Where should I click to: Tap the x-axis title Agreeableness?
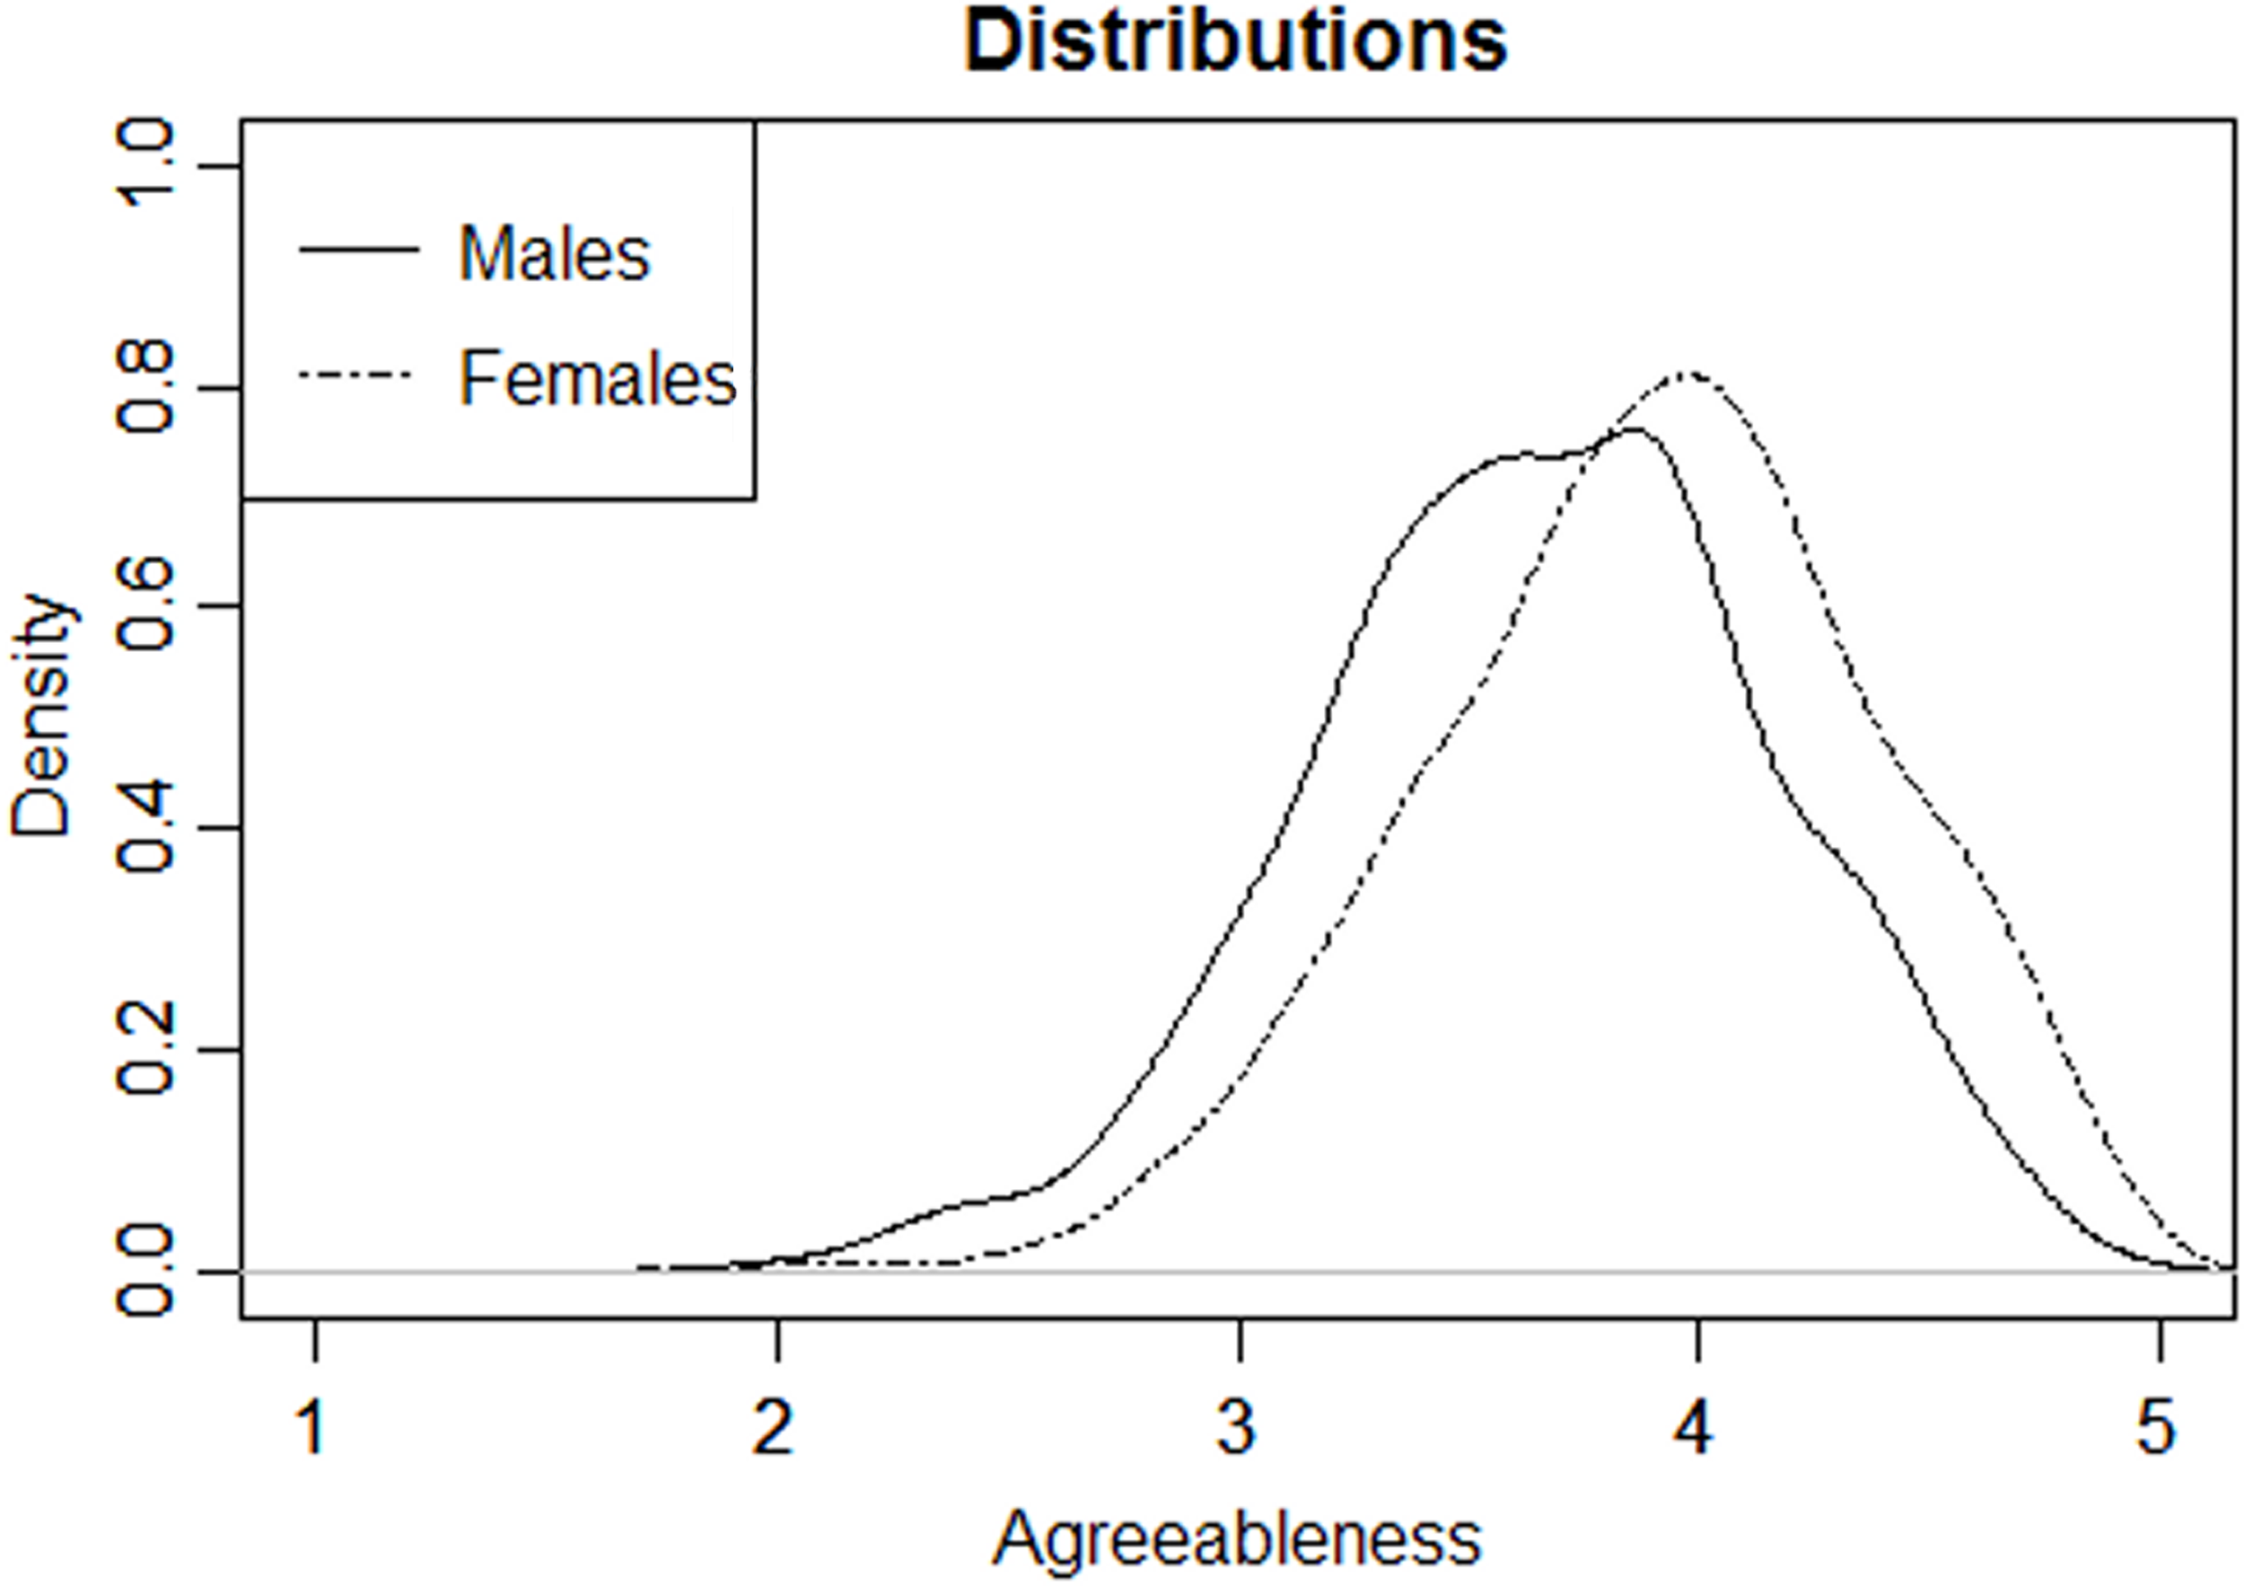1236,1538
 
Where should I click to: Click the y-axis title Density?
41,715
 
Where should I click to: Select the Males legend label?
554,254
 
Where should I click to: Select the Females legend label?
597,379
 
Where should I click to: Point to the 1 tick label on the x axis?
312,1429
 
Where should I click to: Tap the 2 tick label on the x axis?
774,1429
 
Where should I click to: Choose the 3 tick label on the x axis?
1237,1429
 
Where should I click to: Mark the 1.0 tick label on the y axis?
145,166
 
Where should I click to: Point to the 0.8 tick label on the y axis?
145,389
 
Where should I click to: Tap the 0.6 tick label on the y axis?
145,608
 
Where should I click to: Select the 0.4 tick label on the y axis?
145,830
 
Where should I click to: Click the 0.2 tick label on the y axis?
145,1051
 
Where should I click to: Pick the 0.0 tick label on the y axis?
145,1273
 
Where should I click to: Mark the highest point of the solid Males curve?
1635,429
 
